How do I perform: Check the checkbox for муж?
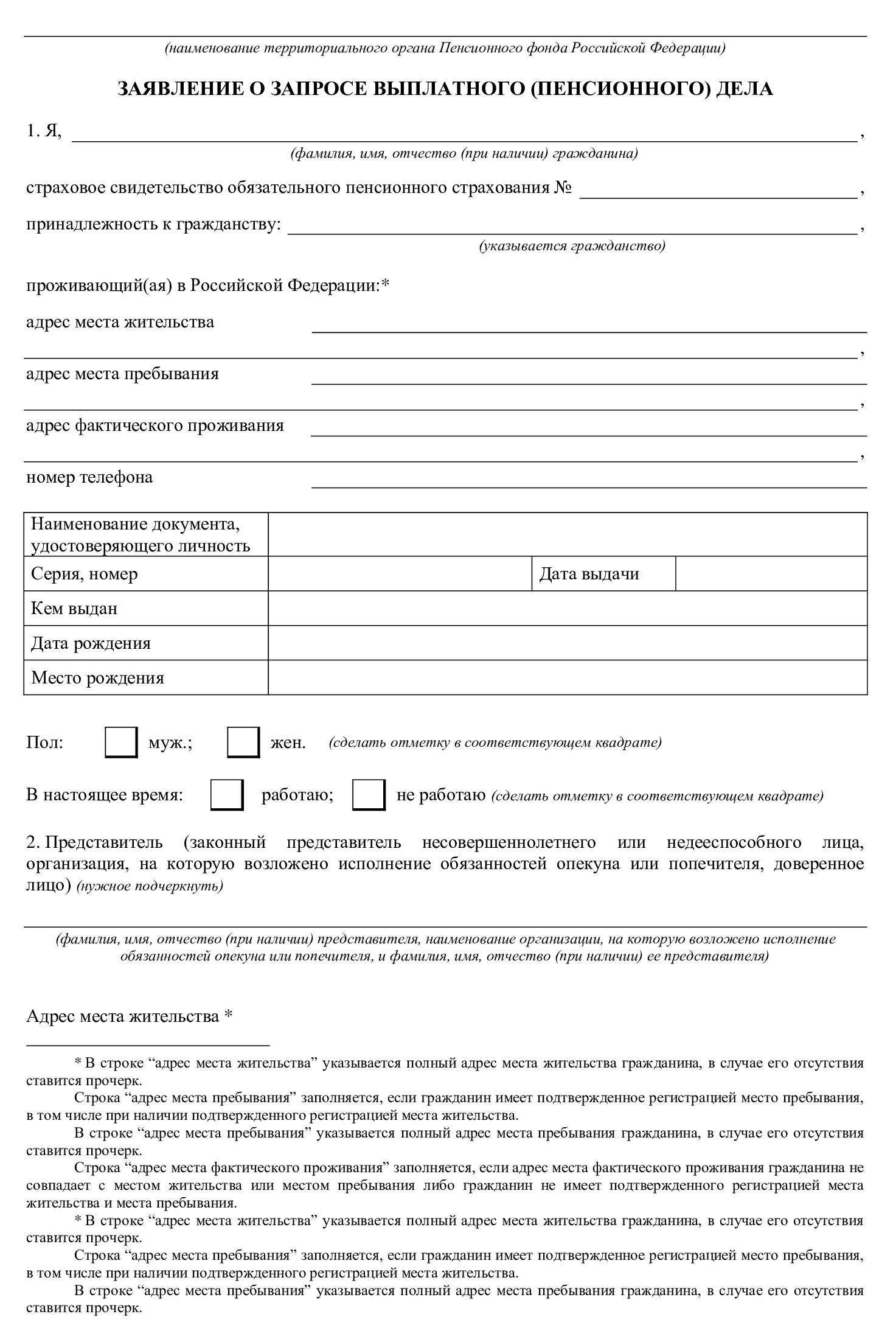(x=121, y=743)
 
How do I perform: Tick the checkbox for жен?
(x=243, y=743)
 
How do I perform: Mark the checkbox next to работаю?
(x=227, y=795)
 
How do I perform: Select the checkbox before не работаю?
(x=369, y=795)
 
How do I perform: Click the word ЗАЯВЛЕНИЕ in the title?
(x=179, y=89)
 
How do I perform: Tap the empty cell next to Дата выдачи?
(x=771, y=573)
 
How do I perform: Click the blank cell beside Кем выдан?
(x=567, y=608)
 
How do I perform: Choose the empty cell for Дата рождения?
(x=567, y=643)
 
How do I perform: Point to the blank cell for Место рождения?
(x=567, y=677)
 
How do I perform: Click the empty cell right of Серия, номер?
(x=400, y=573)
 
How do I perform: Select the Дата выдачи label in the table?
(x=589, y=573)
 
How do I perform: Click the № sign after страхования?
(x=563, y=187)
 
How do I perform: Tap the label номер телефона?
(x=89, y=477)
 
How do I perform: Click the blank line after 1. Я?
(x=465, y=134)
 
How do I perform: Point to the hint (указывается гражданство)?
(x=572, y=246)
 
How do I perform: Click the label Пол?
(x=44, y=743)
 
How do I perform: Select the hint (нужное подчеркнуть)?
(x=150, y=886)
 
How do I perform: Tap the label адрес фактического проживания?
(x=155, y=425)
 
